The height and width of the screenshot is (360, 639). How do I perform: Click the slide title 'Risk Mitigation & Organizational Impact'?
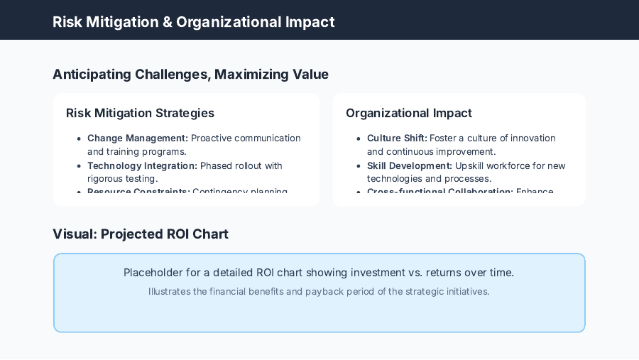(x=193, y=21)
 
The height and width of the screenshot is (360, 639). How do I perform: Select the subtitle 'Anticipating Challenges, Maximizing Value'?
(x=190, y=74)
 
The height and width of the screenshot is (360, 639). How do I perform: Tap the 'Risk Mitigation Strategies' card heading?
(x=140, y=113)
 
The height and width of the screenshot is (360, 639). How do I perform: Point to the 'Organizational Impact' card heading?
(x=408, y=113)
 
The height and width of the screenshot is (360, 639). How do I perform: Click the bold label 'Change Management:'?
(x=138, y=138)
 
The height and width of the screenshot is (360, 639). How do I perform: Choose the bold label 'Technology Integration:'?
(x=142, y=165)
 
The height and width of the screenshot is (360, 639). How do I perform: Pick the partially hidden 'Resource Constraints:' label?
(x=138, y=192)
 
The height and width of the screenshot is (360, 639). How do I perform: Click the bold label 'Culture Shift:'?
(x=397, y=138)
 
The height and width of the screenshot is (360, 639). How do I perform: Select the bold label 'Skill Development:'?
(x=410, y=165)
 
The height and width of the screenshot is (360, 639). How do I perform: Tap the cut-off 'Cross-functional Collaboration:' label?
(x=439, y=192)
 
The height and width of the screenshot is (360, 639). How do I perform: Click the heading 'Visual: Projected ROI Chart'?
(x=141, y=234)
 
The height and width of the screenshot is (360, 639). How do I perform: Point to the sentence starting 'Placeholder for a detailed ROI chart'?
(x=319, y=273)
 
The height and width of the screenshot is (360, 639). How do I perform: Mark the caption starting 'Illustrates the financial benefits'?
(x=319, y=291)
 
